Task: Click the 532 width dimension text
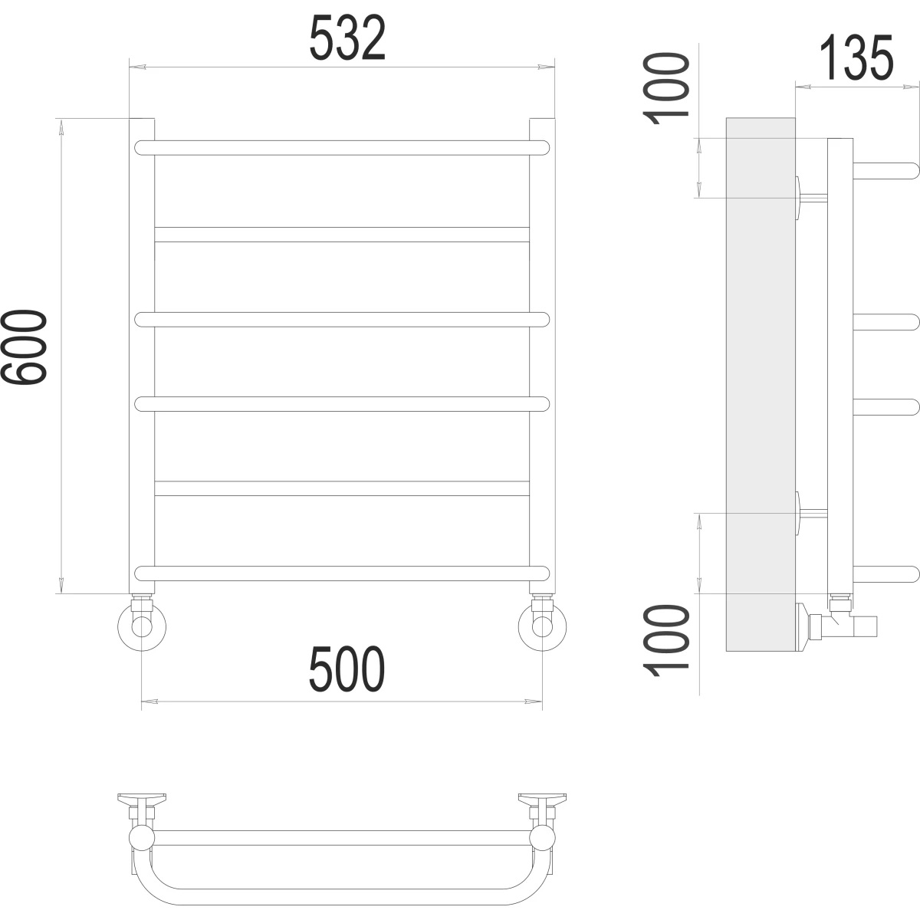tap(347, 38)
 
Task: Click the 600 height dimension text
tap(24, 347)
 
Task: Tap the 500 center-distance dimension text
tap(347, 669)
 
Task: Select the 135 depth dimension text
tap(856, 58)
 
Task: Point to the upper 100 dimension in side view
tap(666, 89)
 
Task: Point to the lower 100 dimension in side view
tap(666, 641)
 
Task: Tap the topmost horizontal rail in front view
tap(342, 148)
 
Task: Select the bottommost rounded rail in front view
tap(342, 573)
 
